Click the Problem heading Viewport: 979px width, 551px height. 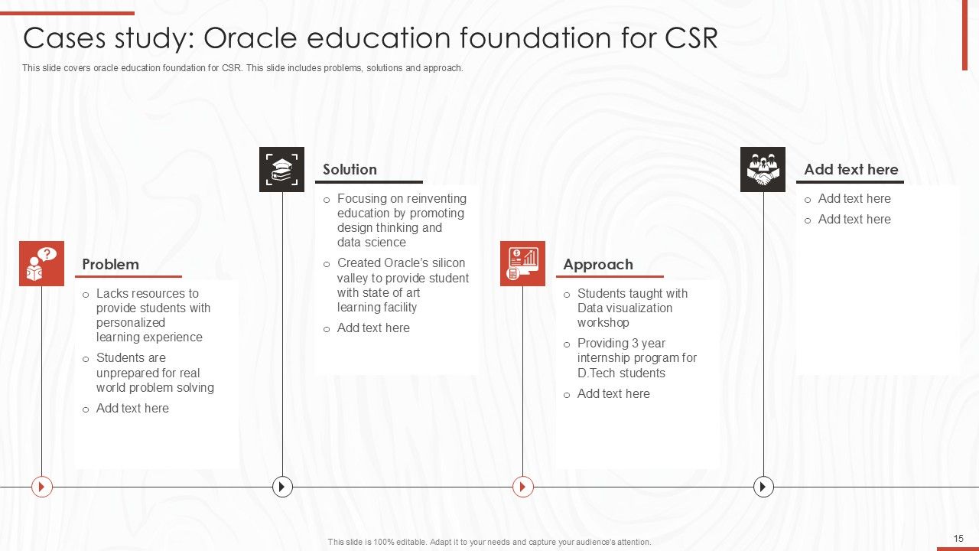pos(110,265)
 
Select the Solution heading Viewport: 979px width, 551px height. pos(350,170)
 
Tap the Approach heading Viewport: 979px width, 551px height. pos(598,265)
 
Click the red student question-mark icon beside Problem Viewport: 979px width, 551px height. pos(41,264)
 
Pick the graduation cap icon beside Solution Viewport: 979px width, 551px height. pos(281,169)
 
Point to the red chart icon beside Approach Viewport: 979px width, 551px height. pos(522,264)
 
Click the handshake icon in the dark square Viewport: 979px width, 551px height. pos(763,169)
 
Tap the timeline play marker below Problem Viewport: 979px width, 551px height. pos(42,486)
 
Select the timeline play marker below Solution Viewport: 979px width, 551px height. pos(282,486)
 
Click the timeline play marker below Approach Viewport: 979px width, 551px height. pos(522,486)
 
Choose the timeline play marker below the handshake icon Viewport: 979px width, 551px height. pos(763,486)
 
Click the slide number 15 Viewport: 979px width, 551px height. pos(958,539)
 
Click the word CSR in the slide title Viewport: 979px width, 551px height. pos(691,38)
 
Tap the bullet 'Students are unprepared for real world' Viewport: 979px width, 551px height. pos(154,373)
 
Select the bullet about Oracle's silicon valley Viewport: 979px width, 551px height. pos(402,285)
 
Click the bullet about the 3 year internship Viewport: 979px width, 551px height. pos(636,357)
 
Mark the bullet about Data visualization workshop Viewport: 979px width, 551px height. pos(632,308)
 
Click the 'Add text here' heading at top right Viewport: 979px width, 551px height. pos(851,170)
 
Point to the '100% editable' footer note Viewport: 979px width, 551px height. pos(489,542)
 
